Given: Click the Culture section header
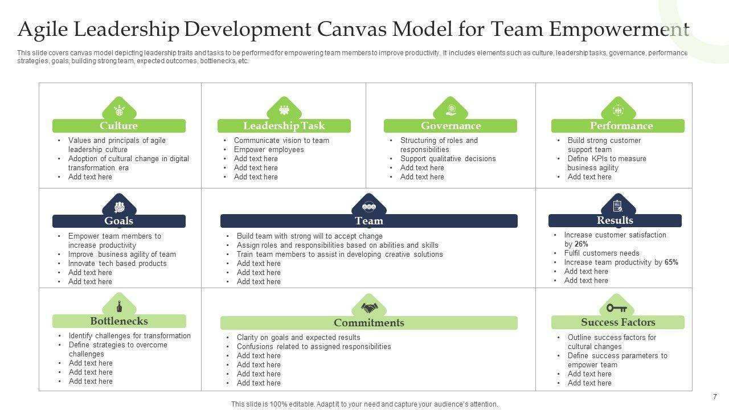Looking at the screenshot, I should tap(118, 126).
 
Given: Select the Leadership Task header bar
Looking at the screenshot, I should tap(284, 126).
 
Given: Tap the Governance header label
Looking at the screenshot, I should tap(450, 126).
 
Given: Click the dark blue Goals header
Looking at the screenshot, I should tap(118, 221).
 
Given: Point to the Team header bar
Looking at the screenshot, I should tap(368, 221).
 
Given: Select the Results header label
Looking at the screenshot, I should tap(615, 220).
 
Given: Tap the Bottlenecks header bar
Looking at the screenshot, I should tap(118, 321).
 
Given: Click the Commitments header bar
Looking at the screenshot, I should tap(368, 323).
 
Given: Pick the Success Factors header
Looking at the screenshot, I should tap(617, 322).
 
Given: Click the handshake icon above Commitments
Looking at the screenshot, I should tap(369, 308).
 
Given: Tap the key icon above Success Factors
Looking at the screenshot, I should tap(616, 308).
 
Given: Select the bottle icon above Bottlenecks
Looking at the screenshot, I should tap(119, 306).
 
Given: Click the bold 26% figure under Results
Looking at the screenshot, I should tap(581, 244).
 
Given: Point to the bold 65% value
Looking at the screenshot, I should tap(671, 263).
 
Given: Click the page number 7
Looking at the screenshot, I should tap(715, 397).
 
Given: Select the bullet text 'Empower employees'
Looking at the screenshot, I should tap(269, 150).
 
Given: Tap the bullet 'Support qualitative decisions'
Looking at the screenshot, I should tap(448, 159).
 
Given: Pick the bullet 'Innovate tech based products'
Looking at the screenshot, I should tap(117, 264).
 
